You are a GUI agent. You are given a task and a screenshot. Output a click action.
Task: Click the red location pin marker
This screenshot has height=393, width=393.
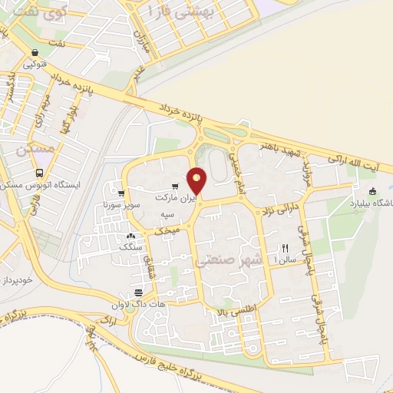click(198, 180)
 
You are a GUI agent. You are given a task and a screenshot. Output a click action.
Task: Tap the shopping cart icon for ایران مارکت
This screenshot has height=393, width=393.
click(176, 187)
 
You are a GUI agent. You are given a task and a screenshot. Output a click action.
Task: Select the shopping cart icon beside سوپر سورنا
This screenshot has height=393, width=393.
click(121, 193)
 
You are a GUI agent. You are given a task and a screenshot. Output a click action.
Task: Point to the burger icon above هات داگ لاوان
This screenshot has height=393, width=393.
click(138, 292)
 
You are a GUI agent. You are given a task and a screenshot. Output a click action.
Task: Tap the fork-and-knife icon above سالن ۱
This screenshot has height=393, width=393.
click(285, 247)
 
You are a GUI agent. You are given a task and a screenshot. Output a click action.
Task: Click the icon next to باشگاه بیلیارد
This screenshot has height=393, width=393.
click(373, 192)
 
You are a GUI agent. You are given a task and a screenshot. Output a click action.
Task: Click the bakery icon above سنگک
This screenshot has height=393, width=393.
click(130, 236)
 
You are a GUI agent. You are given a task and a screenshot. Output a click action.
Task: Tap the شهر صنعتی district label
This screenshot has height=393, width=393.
click(229, 261)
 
